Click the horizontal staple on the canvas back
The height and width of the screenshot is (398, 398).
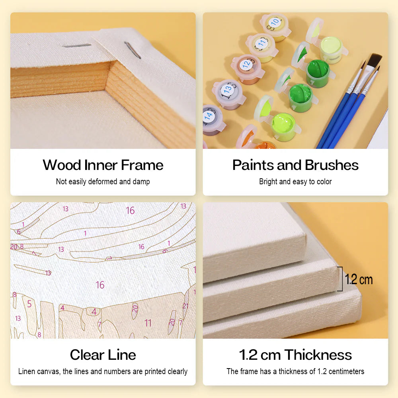[x=77, y=46]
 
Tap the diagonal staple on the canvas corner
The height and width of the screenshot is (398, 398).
[x=133, y=50]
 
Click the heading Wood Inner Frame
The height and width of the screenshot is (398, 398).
[x=103, y=165]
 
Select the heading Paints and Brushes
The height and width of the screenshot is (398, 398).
[x=295, y=165]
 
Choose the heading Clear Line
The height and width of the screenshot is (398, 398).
[x=103, y=355]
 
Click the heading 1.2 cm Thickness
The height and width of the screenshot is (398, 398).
[x=295, y=355]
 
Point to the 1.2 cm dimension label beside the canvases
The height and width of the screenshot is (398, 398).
[x=359, y=279]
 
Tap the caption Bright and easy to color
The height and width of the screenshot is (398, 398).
[x=295, y=181]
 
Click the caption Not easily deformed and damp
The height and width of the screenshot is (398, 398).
[x=103, y=181]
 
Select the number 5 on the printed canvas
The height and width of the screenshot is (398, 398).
[x=29, y=304]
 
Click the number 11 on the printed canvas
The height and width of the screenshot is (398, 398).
[x=148, y=323]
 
